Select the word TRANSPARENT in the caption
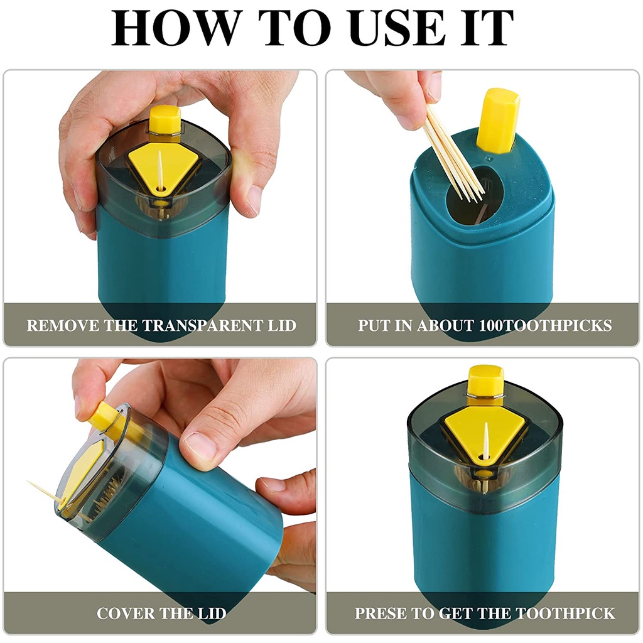200,325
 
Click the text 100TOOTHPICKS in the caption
545,325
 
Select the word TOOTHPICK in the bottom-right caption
565,613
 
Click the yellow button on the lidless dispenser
497,120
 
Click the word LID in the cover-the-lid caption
212,613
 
